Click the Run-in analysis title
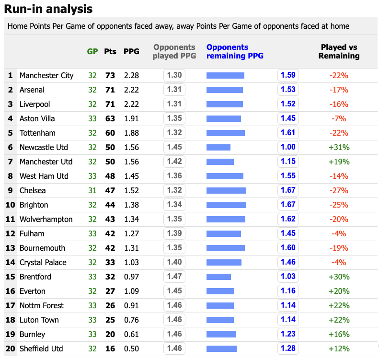tap(48, 9)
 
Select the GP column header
tap(92, 51)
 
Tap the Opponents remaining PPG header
tap(235, 51)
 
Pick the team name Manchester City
tap(46, 75)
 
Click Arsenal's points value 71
tap(110, 90)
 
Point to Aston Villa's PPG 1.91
tap(131, 118)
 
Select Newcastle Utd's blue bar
tap(218, 147)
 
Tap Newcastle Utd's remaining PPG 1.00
tap(288, 147)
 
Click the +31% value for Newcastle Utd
tap(339, 147)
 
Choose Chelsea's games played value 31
tap(92, 190)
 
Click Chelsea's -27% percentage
tap(339, 190)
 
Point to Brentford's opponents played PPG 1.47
tap(174, 277)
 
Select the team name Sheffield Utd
tap(41, 348)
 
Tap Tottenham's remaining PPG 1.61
tap(288, 133)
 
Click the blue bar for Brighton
tap(226, 205)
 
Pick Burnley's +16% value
tap(339, 334)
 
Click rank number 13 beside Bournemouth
tap(10, 248)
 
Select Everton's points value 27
tap(110, 291)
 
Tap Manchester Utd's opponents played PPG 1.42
tap(174, 162)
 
